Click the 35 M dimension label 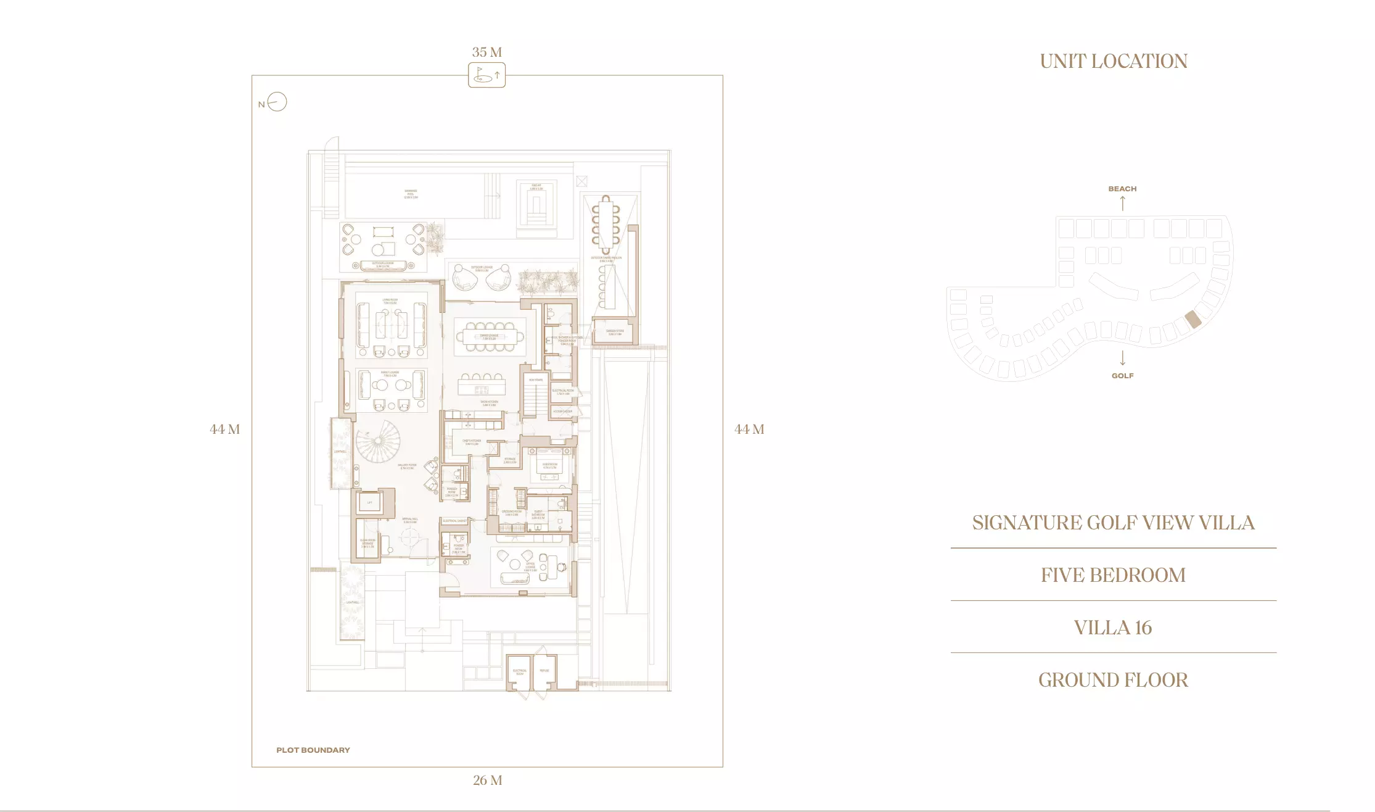(x=487, y=52)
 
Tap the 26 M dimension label (x=488, y=781)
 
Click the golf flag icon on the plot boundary (x=486, y=75)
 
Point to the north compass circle (x=277, y=102)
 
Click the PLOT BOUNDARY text (x=313, y=750)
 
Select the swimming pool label (x=411, y=194)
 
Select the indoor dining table (x=490, y=337)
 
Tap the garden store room (x=614, y=332)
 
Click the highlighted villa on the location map (x=1192, y=319)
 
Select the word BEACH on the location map (x=1122, y=189)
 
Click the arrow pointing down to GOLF (x=1122, y=358)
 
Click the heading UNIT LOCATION (x=1113, y=61)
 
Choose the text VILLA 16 (x=1113, y=628)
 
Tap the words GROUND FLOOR (x=1113, y=680)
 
